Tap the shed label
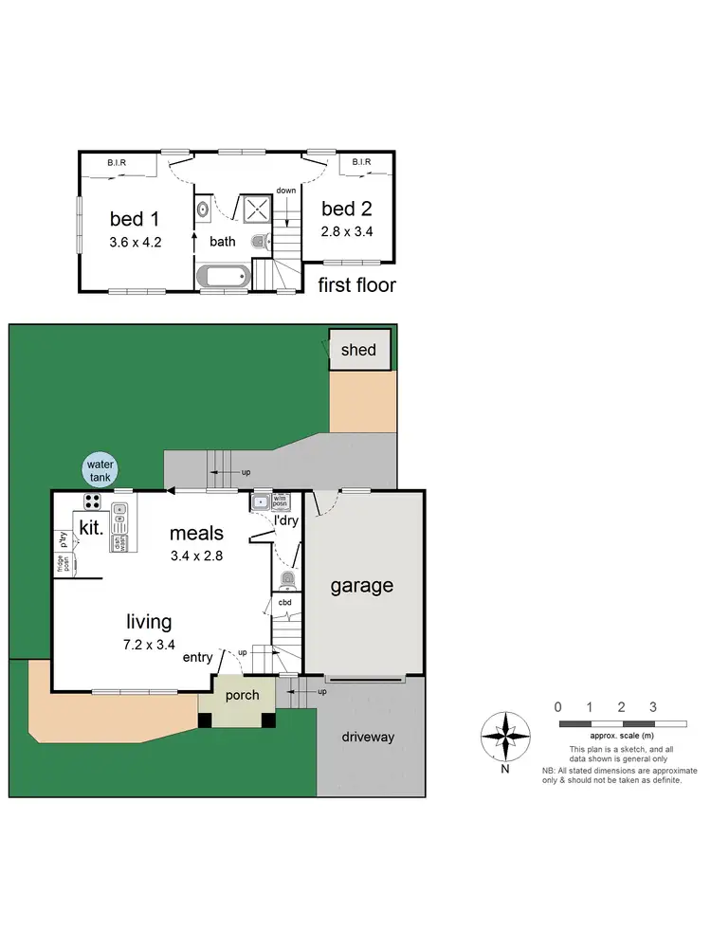359,350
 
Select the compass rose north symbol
506,737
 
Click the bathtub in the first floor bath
223,277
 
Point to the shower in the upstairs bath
254,210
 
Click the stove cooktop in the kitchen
94,501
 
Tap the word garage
361,586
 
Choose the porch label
242,695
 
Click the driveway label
370,737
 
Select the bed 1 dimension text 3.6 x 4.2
136,242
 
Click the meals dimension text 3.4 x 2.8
196,556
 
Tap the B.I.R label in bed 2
361,162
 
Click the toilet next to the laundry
289,579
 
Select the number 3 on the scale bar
653,706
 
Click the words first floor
356,284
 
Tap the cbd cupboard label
284,602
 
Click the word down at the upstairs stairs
285,191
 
